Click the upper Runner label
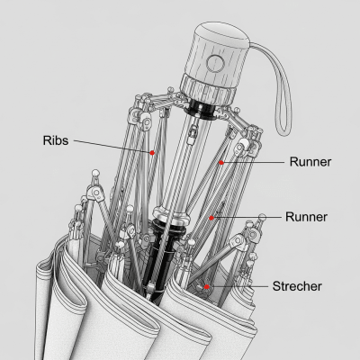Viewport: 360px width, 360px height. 310,162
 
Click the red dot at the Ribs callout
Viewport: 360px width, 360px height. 152,153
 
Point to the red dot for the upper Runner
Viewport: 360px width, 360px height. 222,163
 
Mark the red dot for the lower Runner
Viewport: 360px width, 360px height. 213,217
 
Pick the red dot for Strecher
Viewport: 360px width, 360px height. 207,286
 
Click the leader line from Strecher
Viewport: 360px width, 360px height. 238,286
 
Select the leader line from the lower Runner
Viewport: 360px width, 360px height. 247,217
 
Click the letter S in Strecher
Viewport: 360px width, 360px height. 276,286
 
